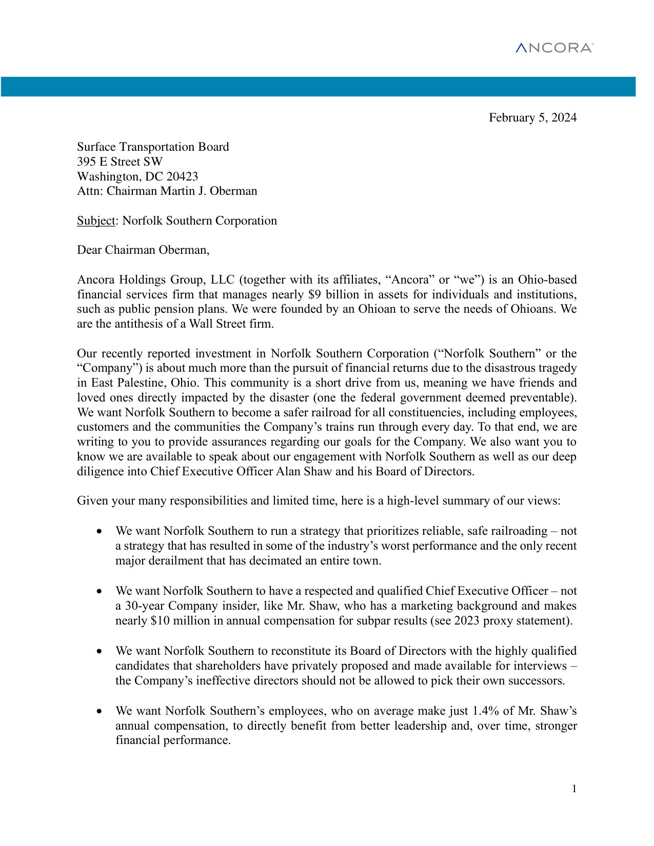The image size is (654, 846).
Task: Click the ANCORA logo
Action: point(554,48)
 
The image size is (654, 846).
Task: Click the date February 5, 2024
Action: point(532,118)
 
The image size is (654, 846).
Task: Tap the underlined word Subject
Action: point(96,221)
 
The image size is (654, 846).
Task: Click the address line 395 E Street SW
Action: point(120,162)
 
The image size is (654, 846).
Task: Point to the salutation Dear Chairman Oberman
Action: point(143,250)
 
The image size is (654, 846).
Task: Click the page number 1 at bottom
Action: point(574,789)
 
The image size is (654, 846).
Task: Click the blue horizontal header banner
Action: point(318,87)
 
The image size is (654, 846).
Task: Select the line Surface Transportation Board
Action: point(153,147)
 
